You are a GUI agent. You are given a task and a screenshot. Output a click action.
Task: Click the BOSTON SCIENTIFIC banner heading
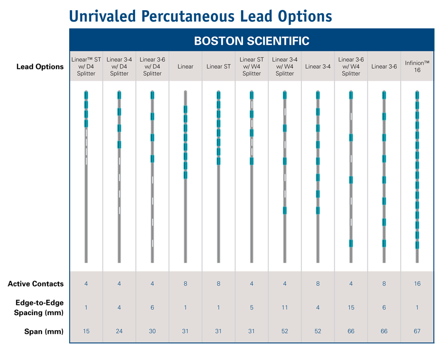coord(251,41)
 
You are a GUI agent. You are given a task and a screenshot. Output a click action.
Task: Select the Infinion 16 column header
coord(417,66)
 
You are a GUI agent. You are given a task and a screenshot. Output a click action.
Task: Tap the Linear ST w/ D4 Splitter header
coord(86,66)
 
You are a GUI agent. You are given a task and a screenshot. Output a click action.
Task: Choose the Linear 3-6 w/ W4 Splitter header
coord(351,66)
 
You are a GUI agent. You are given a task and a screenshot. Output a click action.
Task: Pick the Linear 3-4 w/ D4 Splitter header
coord(119,66)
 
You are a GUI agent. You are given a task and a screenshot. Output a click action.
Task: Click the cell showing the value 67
coord(417,331)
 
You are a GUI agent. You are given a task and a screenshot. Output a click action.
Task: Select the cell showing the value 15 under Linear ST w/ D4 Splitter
coord(86,331)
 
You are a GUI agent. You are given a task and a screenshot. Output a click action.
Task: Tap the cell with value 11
coord(285,308)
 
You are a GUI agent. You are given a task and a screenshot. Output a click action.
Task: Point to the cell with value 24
coord(119,331)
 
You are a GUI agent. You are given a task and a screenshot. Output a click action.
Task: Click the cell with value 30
coord(152,331)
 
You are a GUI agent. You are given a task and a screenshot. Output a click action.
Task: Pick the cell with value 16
coord(417,283)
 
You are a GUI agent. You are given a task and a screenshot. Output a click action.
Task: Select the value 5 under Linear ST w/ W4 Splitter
coord(251,308)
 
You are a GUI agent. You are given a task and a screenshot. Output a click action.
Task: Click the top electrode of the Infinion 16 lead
coord(417,95)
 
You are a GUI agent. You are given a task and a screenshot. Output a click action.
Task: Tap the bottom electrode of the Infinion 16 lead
coord(417,245)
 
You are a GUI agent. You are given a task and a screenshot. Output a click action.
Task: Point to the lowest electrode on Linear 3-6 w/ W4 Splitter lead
coord(351,243)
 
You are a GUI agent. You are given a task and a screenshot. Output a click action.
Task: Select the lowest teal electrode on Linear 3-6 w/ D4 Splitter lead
coord(152,158)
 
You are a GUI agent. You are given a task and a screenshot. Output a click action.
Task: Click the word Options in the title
coord(306,16)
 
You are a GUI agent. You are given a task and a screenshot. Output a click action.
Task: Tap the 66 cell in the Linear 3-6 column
coord(384,331)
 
